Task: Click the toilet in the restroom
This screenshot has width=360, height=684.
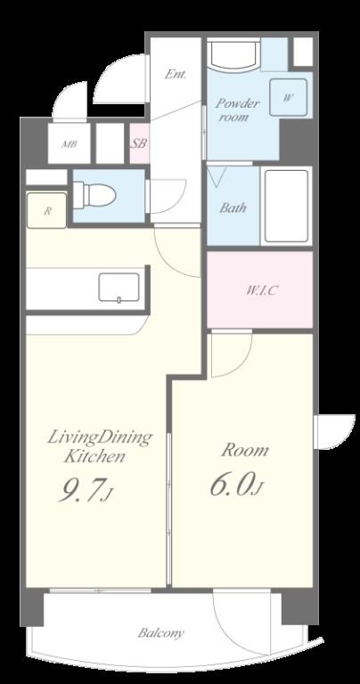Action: (x=94, y=195)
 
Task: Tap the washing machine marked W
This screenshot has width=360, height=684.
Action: (x=288, y=97)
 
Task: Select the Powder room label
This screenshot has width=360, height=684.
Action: (x=238, y=110)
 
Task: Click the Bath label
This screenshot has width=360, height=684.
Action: (x=233, y=208)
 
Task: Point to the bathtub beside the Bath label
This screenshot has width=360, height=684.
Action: (x=286, y=206)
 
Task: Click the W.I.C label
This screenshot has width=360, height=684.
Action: (x=261, y=290)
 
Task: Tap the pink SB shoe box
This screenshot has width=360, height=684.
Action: (x=139, y=143)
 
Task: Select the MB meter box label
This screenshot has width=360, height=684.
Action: (x=69, y=144)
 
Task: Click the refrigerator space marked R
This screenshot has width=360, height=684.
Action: (x=47, y=210)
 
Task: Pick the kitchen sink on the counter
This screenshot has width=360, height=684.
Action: (x=119, y=287)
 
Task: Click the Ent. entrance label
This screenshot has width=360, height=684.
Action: (x=175, y=75)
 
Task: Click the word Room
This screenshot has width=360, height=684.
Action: (x=244, y=450)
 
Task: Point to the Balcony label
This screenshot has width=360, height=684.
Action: (x=161, y=633)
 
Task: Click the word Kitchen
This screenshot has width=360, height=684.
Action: (x=95, y=457)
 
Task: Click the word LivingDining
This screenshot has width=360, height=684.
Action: (x=100, y=437)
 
